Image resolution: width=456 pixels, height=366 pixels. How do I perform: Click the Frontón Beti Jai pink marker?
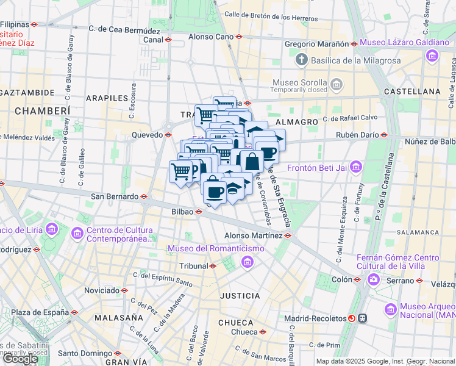pyautogui.click(x=356, y=166)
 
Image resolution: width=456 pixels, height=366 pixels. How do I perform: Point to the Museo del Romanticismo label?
pyautogui.click(x=216, y=249)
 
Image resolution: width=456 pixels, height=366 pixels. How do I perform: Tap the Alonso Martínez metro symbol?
pyautogui.click(x=288, y=235)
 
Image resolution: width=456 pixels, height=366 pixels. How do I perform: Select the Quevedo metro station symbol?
pyautogui.click(x=168, y=135)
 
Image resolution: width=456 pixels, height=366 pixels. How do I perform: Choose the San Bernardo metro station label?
pyautogui.click(x=115, y=196)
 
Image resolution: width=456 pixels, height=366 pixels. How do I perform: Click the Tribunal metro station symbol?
pyautogui.click(x=213, y=266)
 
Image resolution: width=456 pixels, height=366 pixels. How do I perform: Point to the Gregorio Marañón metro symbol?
pyautogui.click(x=353, y=44)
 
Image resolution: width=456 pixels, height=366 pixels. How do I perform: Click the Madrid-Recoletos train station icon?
pyautogui.click(x=352, y=318)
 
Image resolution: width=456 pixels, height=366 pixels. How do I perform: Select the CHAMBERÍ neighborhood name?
pyautogui.click(x=42, y=110)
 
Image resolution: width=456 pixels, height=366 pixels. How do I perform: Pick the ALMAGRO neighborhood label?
pyautogui.click(x=297, y=122)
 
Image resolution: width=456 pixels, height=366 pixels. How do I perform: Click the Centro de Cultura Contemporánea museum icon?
pyautogui.click(x=77, y=232)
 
